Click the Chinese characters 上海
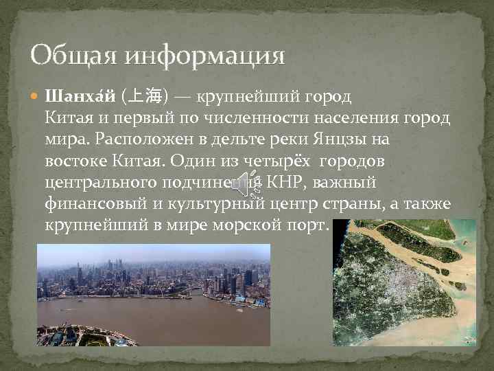(x=145, y=95)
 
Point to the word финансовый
(x=91, y=205)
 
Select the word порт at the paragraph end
(x=312, y=227)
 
